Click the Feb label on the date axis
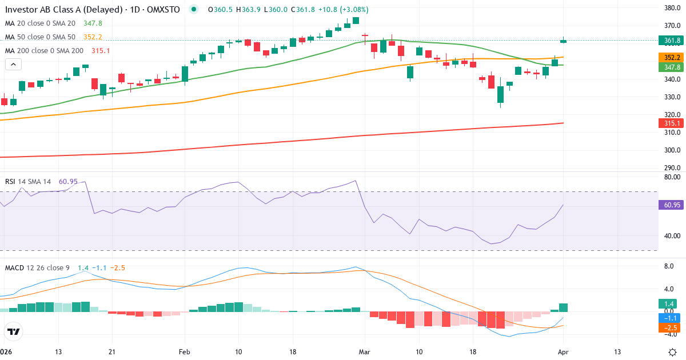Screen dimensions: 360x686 [x=184, y=351]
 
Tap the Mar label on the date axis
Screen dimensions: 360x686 [x=364, y=351]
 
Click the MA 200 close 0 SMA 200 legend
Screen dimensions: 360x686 [x=45, y=51]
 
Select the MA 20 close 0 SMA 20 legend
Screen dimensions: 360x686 [x=40, y=23]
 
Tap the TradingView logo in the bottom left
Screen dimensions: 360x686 [x=14, y=331]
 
